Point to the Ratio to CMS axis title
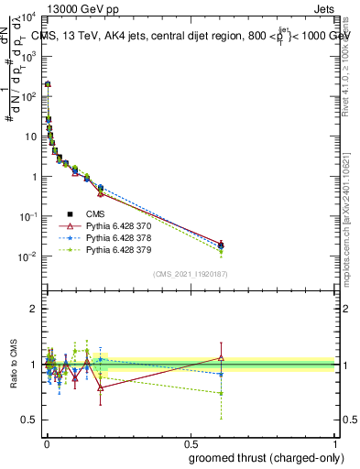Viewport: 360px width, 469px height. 14,365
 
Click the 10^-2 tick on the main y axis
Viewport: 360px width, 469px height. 27,256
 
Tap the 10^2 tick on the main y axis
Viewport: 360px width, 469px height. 27,96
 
